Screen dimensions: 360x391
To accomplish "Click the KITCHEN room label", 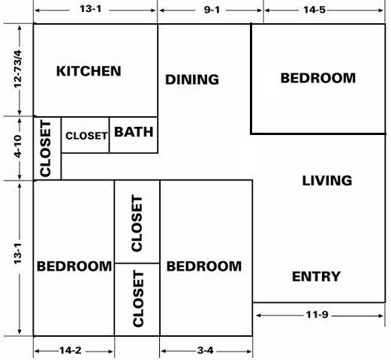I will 89,71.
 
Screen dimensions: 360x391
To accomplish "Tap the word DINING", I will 192,79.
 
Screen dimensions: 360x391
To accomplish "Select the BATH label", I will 134,132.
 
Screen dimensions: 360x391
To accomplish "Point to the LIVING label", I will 326,180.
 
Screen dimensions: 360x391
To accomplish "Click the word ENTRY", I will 316,277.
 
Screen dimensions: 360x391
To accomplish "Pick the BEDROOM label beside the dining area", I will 317,77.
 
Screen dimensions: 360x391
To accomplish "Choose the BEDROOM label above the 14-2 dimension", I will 74,266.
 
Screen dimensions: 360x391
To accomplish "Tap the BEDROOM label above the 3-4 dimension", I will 204,266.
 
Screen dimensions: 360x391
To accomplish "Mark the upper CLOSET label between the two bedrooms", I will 137,223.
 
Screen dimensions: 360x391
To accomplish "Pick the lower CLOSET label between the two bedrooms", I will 137,299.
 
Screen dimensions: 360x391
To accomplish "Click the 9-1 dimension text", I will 210,10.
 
